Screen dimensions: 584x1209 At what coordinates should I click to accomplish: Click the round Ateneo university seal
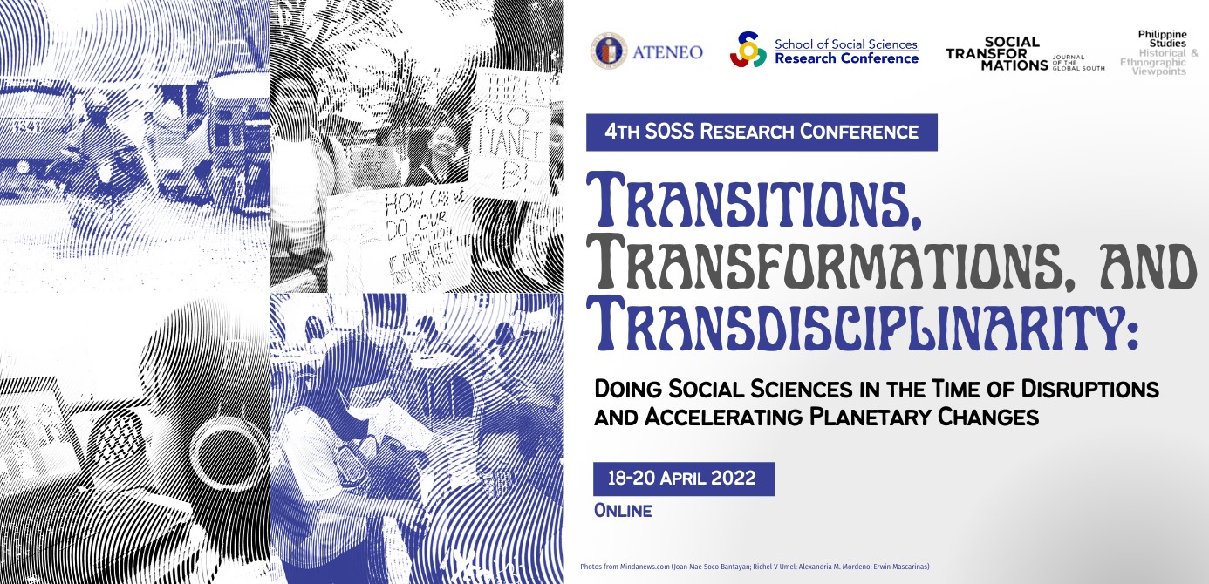click(x=608, y=51)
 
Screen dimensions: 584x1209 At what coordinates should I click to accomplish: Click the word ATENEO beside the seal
click(x=673, y=52)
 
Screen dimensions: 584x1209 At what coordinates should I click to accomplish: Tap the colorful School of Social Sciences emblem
click(x=748, y=51)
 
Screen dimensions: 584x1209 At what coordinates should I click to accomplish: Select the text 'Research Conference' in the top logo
click(x=846, y=58)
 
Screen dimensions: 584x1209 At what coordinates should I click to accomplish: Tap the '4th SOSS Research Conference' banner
click(x=762, y=132)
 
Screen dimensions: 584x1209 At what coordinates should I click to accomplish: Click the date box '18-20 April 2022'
click(x=683, y=479)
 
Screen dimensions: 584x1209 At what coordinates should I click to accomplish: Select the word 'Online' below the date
click(x=623, y=511)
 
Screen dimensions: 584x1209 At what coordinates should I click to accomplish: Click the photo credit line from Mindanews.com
click(x=755, y=567)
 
